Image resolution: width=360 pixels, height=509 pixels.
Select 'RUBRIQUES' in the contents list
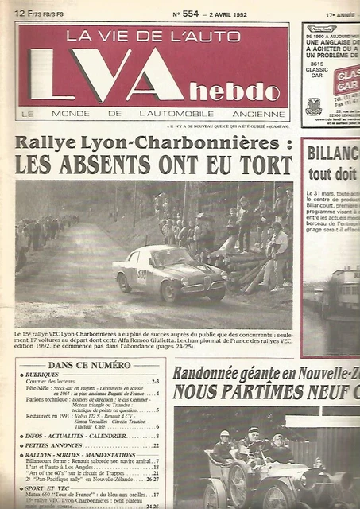tap(49, 375)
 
